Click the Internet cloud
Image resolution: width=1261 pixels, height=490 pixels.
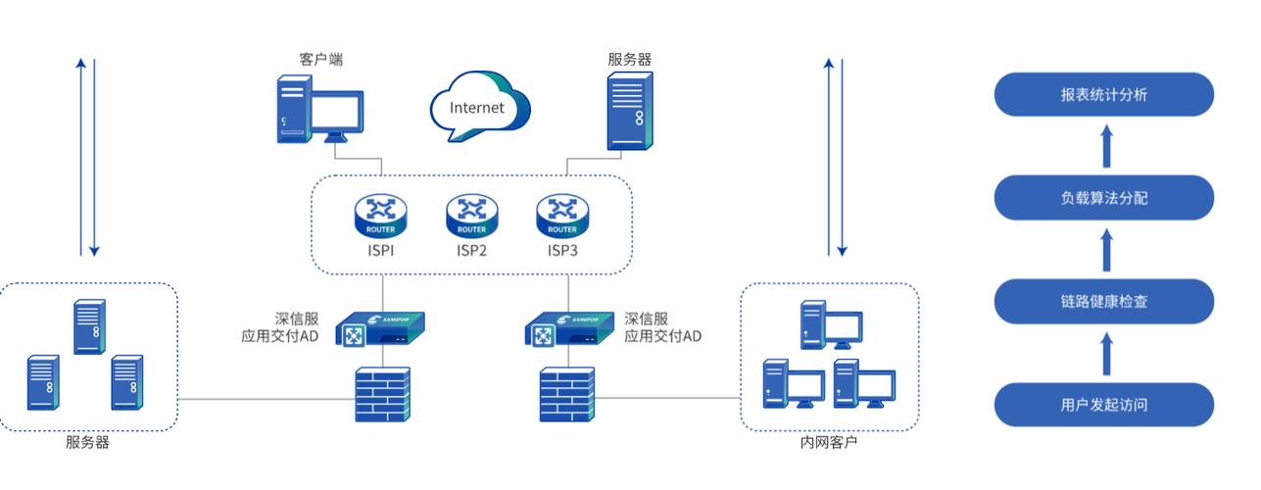pyautogui.click(x=479, y=106)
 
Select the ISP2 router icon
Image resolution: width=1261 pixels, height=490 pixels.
pyautogui.click(x=471, y=217)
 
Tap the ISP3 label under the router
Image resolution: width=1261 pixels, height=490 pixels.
pyautogui.click(x=562, y=250)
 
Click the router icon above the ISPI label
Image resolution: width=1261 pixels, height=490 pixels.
pyautogui.click(x=380, y=217)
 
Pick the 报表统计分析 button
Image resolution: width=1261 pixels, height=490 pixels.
pyautogui.click(x=1103, y=94)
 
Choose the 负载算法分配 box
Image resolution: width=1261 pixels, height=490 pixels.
pyautogui.click(x=1103, y=198)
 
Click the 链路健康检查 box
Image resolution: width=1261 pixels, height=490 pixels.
pyautogui.click(x=1103, y=301)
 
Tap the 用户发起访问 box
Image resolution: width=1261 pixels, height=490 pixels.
pyautogui.click(x=1103, y=405)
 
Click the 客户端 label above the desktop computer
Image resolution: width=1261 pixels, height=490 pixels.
pyautogui.click(x=320, y=59)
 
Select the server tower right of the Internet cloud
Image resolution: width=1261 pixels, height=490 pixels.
pyautogui.click(x=630, y=111)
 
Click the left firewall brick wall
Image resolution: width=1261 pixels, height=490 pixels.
pyautogui.click(x=383, y=394)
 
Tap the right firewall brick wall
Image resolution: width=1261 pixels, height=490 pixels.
pyautogui.click(x=567, y=394)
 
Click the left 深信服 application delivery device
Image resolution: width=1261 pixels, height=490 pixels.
pyautogui.click(x=380, y=329)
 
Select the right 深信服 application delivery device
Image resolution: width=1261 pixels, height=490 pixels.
pyautogui.click(x=569, y=329)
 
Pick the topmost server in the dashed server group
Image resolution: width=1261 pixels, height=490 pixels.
pyautogui.click(x=89, y=326)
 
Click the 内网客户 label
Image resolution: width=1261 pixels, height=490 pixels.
pyautogui.click(x=829, y=442)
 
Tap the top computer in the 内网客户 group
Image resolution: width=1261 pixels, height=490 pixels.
pyautogui.click(x=831, y=325)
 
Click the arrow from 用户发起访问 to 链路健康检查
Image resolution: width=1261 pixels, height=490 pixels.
pyautogui.click(x=1106, y=354)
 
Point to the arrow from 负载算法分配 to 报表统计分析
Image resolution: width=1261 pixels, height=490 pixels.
pyautogui.click(x=1106, y=146)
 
